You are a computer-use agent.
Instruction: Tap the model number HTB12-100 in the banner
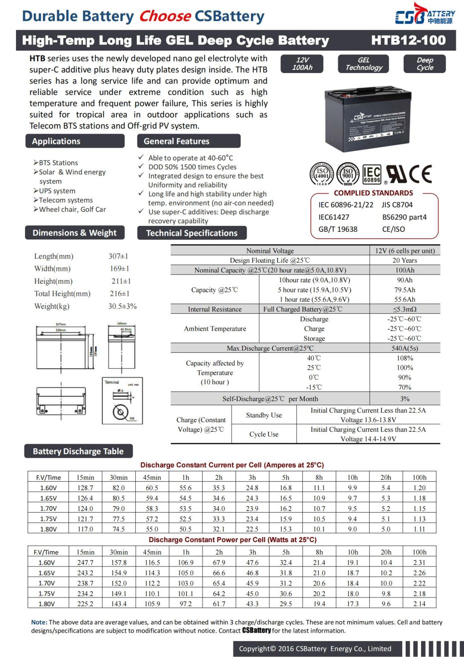408,40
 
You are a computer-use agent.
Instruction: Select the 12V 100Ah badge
302,63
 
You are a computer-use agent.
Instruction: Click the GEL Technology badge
364,63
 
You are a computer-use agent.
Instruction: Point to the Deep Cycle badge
425,63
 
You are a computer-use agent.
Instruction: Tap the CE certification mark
420,174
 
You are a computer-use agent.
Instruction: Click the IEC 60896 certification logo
372,174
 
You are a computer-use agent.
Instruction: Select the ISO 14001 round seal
322,174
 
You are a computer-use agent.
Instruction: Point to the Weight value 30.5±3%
122,306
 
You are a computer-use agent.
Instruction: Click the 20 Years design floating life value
405,260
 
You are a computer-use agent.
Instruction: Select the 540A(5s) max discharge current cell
405,348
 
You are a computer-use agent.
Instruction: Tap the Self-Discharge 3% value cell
405,399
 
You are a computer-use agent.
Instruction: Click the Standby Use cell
264,415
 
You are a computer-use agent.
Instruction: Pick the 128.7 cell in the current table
85,488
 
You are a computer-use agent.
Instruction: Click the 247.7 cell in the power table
85,563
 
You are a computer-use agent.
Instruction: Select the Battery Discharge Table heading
78,451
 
